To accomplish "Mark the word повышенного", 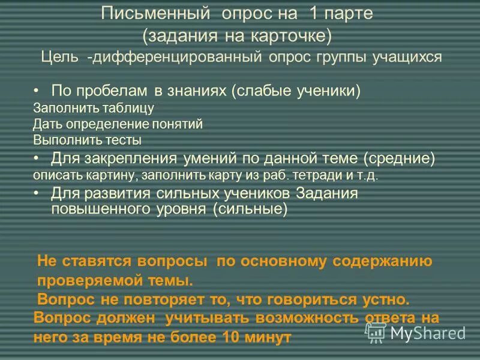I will (86, 209).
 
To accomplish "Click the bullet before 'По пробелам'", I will (37, 91).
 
